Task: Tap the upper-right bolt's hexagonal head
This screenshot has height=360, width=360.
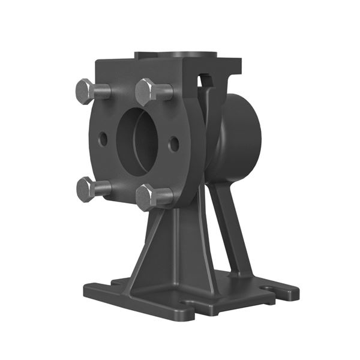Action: pyautogui.click(x=146, y=92)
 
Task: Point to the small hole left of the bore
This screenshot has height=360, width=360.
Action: pyautogui.click(x=103, y=139)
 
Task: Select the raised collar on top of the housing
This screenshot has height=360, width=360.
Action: pyautogui.click(x=175, y=56)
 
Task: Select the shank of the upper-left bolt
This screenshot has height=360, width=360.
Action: pyautogui.click(x=103, y=92)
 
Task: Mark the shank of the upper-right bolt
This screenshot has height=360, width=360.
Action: pyautogui.click(x=164, y=93)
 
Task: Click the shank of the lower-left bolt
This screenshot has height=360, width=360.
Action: pyautogui.click(x=103, y=188)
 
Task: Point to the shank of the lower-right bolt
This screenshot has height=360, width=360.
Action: pyautogui.click(x=165, y=195)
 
